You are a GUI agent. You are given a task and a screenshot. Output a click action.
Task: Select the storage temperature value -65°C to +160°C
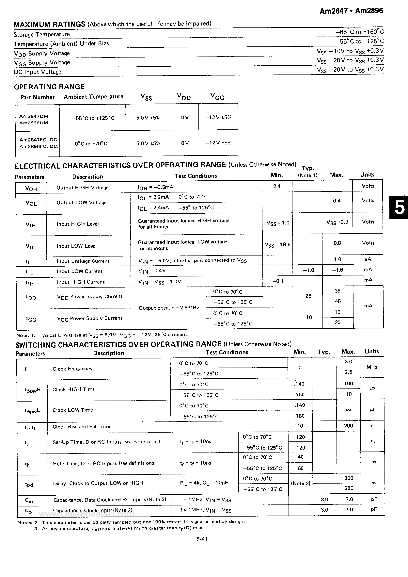(359, 32)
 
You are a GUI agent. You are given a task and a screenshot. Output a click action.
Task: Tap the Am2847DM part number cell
(34, 116)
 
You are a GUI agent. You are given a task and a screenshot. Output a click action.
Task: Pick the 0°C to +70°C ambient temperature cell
(91, 144)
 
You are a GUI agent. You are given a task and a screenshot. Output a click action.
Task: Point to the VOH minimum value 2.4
(277, 186)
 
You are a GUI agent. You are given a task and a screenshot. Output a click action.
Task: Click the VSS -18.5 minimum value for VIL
(277, 244)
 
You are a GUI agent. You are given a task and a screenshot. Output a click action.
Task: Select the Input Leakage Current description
(83, 261)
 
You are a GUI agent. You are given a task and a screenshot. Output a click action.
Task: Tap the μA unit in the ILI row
(368, 259)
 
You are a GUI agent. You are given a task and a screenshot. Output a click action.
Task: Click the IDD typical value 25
(308, 296)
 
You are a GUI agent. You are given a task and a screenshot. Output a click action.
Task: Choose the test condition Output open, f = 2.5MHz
(169, 308)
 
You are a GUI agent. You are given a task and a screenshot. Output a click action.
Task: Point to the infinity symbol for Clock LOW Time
(348, 410)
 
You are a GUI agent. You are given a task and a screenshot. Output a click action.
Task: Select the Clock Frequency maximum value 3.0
(348, 362)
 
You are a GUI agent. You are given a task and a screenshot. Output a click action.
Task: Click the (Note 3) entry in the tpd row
(301, 483)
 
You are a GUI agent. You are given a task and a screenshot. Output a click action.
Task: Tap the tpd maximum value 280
(349, 488)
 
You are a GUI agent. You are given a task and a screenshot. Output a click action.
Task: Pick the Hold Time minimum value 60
(301, 468)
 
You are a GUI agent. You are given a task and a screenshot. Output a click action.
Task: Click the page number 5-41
(202, 539)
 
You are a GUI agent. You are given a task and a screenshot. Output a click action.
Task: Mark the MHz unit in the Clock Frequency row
(372, 367)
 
